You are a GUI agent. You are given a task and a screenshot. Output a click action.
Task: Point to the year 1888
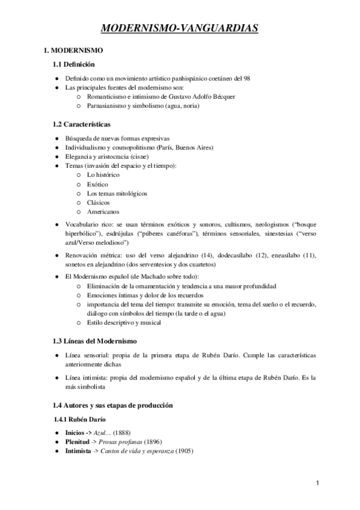click(120, 433)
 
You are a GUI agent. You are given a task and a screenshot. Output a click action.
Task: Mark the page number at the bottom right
click(317, 483)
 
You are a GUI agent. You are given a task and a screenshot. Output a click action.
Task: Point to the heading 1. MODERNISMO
click(70, 50)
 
